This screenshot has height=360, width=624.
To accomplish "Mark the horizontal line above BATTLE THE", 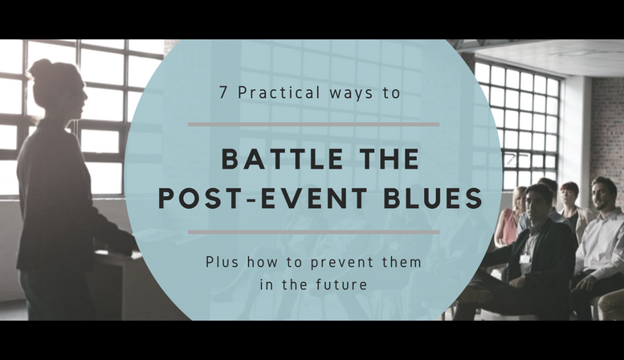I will click(313, 125).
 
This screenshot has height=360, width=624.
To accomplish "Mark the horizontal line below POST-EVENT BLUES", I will click(313, 232).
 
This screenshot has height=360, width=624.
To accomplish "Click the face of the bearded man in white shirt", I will click(604, 194).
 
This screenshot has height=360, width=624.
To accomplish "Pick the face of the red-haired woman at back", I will click(569, 194).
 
